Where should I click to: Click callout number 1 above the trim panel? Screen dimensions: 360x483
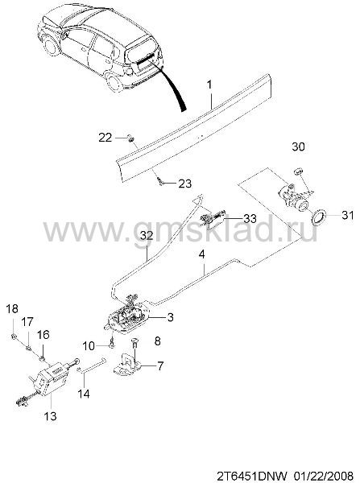click(209, 84)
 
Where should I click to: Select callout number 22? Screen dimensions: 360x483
click(106, 138)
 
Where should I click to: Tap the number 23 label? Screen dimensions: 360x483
click(185, 184)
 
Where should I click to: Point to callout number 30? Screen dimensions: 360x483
click(298, 147)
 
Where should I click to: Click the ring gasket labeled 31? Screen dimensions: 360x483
click(318, 217)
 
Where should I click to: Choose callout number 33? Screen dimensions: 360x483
click(250, 218)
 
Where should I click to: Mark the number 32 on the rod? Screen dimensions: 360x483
click(147, 236)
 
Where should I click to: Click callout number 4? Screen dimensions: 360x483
click(202, 254)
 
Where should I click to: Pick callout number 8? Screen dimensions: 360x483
click(157, 341)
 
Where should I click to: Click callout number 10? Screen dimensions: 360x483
click(89, 346)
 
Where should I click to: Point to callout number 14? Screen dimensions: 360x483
click(84, 394)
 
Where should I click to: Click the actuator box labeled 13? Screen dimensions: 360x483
click(51, 378)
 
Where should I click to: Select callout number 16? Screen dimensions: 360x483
click(43, 334)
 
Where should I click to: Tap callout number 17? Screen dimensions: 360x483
click(27, 322)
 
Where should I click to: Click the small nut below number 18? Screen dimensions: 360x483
click(14, 336)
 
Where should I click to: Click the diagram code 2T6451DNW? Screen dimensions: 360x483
click(253, 475)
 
